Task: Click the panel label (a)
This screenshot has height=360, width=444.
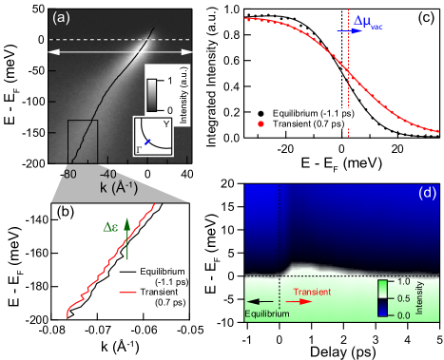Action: click(60, 17)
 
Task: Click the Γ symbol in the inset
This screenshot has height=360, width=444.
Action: click(143, 149)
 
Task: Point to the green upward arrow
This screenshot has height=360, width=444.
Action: click(125, 237)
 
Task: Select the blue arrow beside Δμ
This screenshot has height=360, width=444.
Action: click(348, 30)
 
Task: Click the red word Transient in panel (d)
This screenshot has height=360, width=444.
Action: click(314, 292)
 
